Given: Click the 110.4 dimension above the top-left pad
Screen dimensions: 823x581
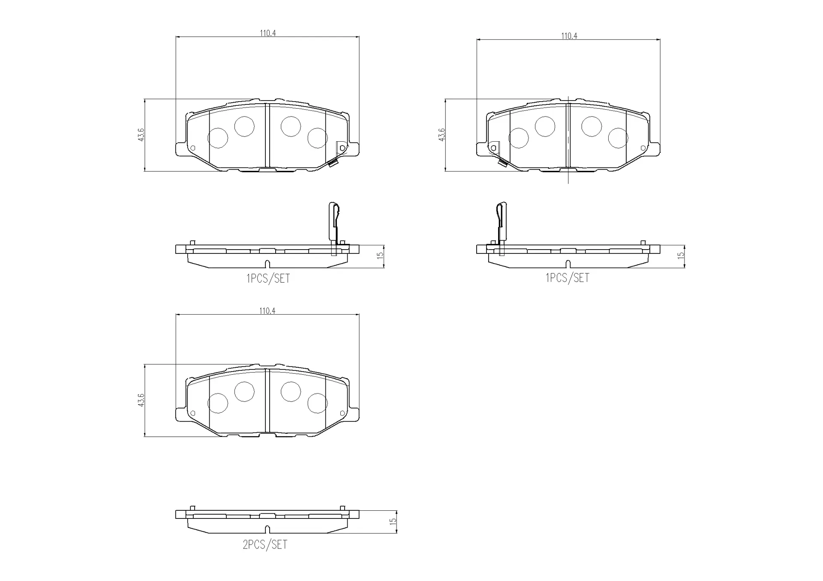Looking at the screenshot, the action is pyautogui.click(x=267, y=33).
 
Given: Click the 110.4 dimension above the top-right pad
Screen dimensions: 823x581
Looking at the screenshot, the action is pyautogui.click(x=569, y=36).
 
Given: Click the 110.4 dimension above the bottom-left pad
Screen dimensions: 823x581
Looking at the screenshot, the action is pyautogui.click(x=267, y=311).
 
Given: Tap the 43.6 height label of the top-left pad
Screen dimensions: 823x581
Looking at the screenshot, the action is pyautogui.click(x=141, y=134).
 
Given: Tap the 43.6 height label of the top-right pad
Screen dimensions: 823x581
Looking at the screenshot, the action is pyautogui.click(x=442, y=134).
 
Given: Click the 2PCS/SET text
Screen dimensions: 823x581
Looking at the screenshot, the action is pyautogui.click(x=265, y=545).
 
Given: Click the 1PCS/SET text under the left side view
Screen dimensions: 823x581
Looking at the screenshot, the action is pyautogui.click(x=268, y=278).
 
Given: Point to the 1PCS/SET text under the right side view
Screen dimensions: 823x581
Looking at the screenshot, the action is pyautogui.click(x=567, y=278).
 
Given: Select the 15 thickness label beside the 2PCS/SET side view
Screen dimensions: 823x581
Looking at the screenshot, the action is pyautogui.click(x=393, y=521).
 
